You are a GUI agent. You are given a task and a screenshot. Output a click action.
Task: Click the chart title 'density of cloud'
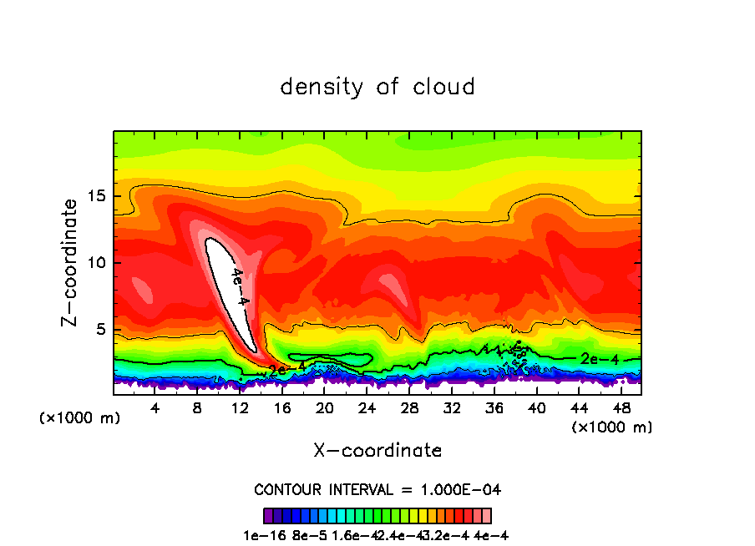point(377,87)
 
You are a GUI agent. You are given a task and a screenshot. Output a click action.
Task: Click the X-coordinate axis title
point(377,451)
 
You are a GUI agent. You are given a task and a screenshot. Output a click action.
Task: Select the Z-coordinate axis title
point(72,262)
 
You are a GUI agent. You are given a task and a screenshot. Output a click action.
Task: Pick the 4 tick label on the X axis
point(155,407)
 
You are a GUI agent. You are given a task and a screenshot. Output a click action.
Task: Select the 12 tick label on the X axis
point(241,407)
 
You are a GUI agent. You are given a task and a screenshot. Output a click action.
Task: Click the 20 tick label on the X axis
point(325,407)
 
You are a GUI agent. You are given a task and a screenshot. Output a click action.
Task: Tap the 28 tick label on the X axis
point(409,407)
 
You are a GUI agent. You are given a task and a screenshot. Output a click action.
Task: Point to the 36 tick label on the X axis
point(494,407)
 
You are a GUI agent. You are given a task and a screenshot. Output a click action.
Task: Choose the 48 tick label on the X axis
point(621,407)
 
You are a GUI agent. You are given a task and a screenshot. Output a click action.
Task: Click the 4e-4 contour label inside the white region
point(239,286)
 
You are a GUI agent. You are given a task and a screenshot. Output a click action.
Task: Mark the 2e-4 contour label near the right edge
point(599,358)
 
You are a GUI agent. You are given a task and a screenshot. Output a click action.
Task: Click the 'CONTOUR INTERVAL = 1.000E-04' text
point(377,489)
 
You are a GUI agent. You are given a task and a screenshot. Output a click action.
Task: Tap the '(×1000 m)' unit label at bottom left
point(80,418)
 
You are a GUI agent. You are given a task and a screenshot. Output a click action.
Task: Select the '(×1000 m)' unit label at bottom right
point(612,427)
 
